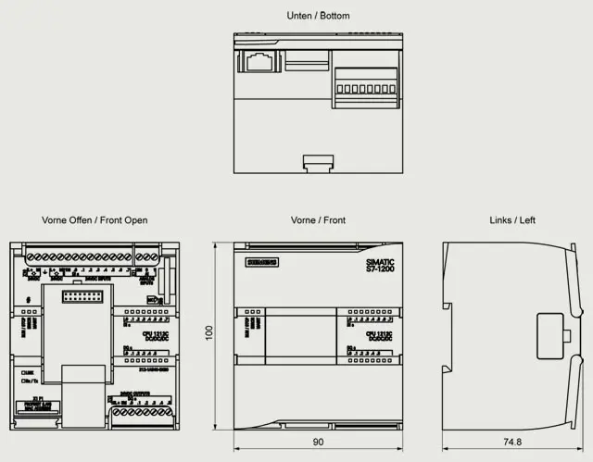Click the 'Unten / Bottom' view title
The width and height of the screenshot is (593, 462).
pyautogui.click(x=318, y=16)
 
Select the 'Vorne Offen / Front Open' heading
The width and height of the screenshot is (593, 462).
pyautogui.click(x=95, y=220)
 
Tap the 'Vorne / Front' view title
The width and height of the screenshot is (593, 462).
pyautogui.click(x=318, y=220)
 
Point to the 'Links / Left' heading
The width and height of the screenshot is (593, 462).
pyautogui.click(x=512, y=220)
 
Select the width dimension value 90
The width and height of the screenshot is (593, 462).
pyautogui.click(x=318, y=443)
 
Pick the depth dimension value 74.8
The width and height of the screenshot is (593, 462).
pyautogui.click(x=512, y=443)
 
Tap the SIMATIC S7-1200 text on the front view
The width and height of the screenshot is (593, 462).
pyautogui.click(x=380, y=265)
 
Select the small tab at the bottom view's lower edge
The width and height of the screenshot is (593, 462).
pyautogui.click(x=318, y=163)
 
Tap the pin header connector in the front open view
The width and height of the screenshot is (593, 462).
pyautogui.click(x=84, y=296)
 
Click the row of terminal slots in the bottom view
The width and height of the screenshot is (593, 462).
pyautogui.click(x=364, y=90)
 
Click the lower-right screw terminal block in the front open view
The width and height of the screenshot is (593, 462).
pyautogui.click(x=139, y=421)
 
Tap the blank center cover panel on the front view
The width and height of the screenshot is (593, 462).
pyautogui.click(x=298, y=338)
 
